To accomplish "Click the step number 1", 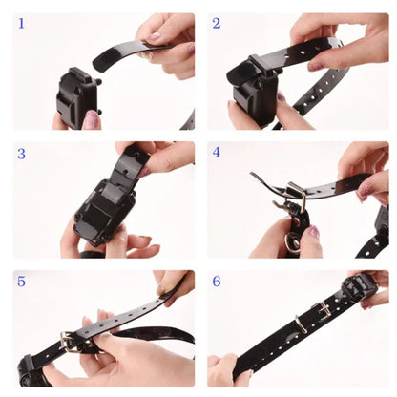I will [x=21, y=23].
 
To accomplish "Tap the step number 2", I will [x=217, y=23].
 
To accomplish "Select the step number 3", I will [x=21, y=152].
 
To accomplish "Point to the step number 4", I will [x=217, y=152].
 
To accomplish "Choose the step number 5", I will [x=21, y=281].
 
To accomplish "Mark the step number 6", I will [x=217, y=281].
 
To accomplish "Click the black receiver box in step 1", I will [x=77, y=94].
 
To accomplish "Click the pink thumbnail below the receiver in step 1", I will [x=92, y=120].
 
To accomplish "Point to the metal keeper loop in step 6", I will [x=299, y=324].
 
